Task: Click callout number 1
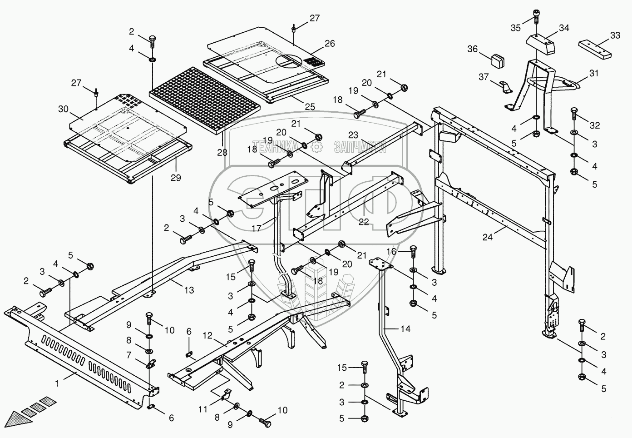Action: [57, 383]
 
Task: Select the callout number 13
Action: [189, 290]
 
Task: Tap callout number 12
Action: [207, 335]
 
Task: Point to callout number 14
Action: [405, 328]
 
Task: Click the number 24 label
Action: [488, 237]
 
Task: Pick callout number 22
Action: [364, 222]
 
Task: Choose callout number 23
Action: [353, 135]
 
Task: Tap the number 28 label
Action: [222, 153]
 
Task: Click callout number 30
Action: [63, 109]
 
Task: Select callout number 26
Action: [330, 43]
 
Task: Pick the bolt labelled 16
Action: [413, 252]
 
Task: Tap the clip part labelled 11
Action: [226, 394]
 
